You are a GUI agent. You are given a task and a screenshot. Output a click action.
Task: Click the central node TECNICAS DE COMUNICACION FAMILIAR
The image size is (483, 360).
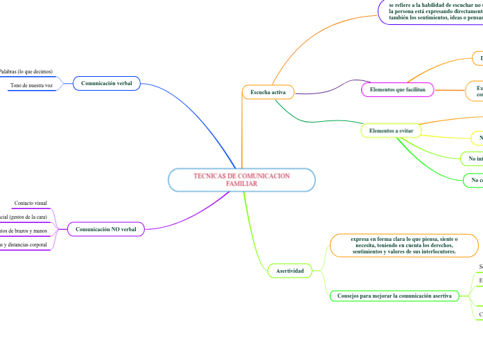(241, 180)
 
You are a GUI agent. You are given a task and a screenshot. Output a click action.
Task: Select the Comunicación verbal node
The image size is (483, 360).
(106, 84)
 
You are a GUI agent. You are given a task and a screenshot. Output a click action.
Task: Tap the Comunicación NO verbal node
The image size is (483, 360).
(105, 228)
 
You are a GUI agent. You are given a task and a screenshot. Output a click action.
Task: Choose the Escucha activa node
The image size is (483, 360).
(258, 92)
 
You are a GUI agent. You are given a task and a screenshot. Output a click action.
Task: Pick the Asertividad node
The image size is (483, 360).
(290, 271)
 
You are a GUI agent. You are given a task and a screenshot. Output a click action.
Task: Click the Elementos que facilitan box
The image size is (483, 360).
(398, 90)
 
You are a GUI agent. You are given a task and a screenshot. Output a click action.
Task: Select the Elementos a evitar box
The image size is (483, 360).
(391, 130)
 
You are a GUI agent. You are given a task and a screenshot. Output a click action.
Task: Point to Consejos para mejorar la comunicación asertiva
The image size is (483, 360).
(394, 296)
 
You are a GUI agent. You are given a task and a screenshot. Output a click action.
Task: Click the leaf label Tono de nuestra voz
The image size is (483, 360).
(31, 85)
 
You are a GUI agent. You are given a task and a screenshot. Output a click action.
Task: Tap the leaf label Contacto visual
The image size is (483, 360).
(31, 203)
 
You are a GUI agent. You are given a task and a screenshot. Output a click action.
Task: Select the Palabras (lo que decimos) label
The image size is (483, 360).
(26, 71)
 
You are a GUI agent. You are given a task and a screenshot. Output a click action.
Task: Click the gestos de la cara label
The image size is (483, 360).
(24, 217)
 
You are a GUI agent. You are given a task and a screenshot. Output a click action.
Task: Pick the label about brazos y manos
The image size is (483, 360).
(24, 231)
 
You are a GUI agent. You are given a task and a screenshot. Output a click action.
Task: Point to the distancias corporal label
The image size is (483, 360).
(24, 244)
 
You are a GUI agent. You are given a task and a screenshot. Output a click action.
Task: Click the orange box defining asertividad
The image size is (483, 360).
(405, 245)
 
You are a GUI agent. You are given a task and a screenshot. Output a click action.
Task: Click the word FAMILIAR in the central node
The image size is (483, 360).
(241, 184)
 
